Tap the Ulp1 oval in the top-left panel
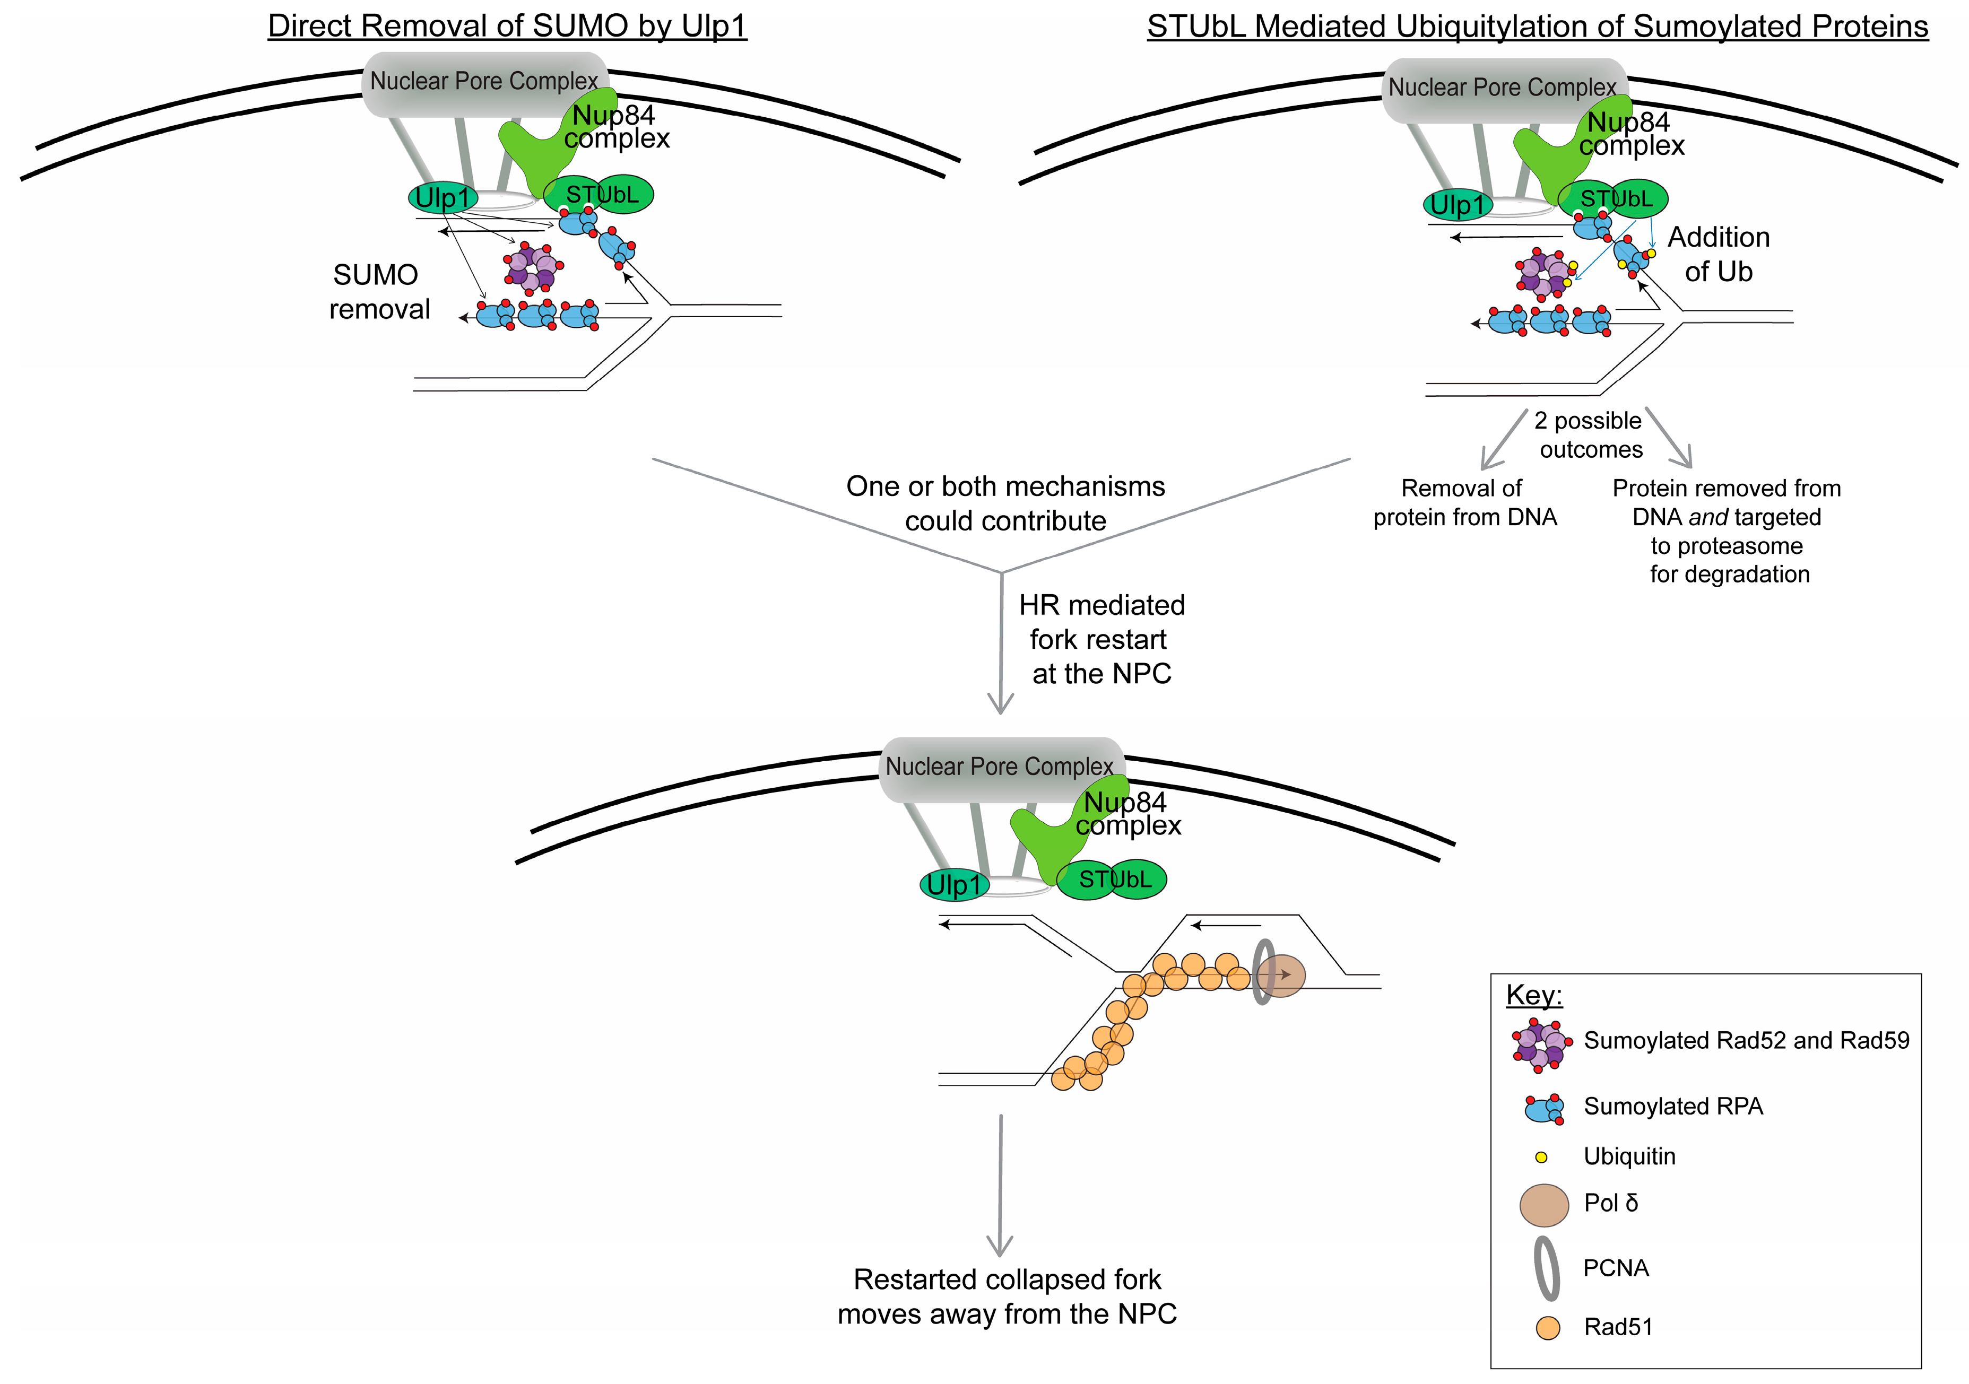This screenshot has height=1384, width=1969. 441,197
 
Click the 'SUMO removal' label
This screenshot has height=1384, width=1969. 378,292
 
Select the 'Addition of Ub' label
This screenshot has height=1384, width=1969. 1718,254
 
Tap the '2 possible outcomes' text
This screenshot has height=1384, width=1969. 1589,435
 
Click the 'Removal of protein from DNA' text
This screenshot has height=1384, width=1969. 1464,502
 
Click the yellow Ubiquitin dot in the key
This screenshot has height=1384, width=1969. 1541,1157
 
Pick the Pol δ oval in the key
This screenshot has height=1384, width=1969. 1543,1205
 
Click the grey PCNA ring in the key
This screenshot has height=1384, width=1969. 1546,1267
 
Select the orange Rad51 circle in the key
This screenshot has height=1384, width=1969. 1547,1327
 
